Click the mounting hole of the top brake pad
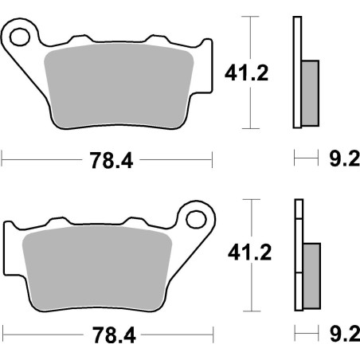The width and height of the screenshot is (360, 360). [x=19, y=37]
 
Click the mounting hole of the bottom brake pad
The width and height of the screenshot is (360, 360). [x=196, y=220]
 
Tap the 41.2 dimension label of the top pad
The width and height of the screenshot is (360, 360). [x=247, y=72]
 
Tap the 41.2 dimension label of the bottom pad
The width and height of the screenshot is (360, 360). [x=250, y=252]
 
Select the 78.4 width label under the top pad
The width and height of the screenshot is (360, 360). [x=111, y=160]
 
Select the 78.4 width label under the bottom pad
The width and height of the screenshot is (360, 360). [x=114, y=335]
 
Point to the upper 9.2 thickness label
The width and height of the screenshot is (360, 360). [x=345, y=158]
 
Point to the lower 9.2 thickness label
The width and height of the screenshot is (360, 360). [x=345, y=334]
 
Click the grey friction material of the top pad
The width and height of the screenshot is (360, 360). [x=119, y=85]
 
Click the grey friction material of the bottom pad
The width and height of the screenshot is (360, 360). [x=97, y=268]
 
